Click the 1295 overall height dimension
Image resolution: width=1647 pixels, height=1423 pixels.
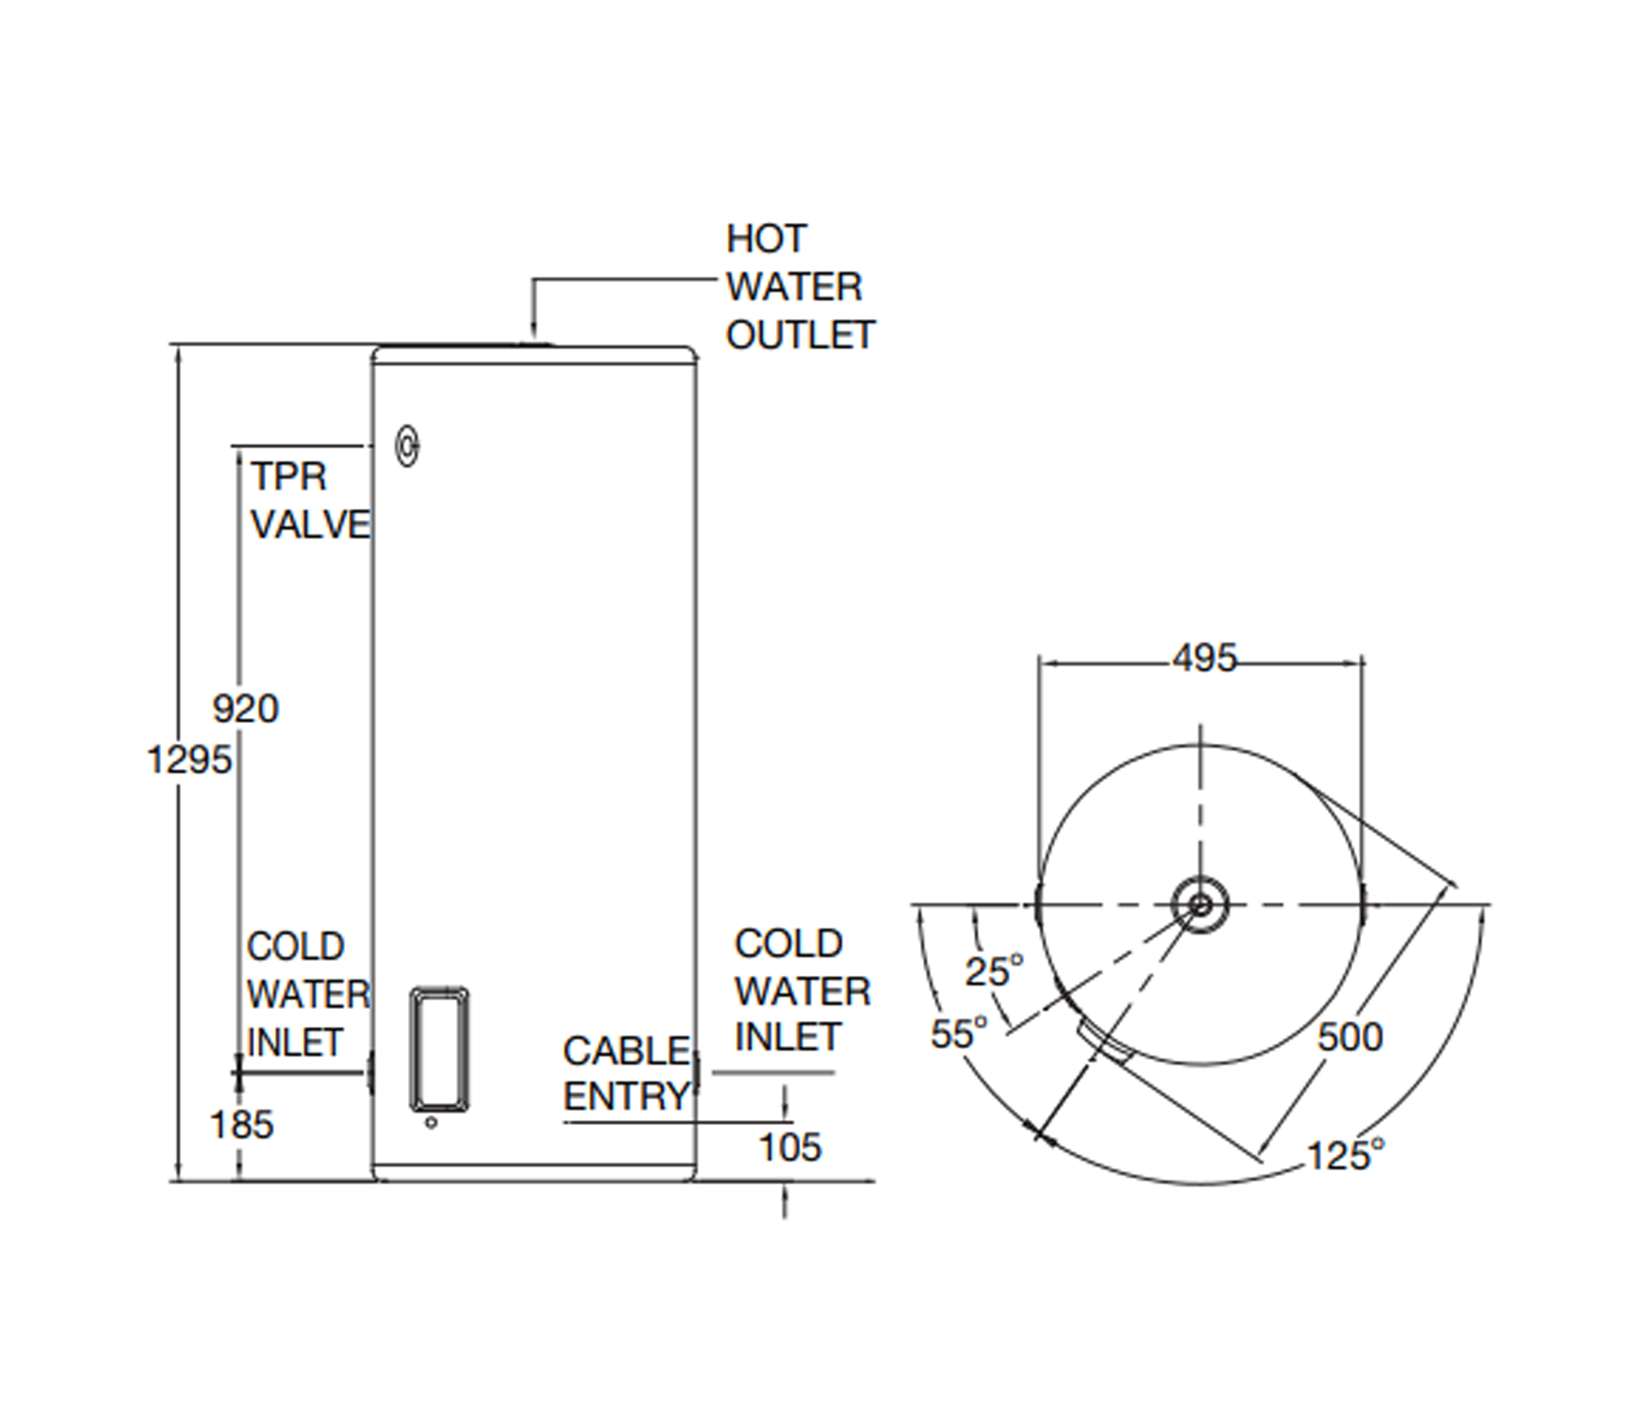(189, 759)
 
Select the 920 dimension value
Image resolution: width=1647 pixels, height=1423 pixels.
(245, 709)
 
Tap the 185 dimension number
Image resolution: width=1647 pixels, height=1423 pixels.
(242, 1125)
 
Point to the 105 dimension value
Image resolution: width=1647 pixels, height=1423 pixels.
(790, 1147)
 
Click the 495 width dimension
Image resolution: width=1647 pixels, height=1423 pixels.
(1204, 658)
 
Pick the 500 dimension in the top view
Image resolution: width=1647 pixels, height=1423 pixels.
(1349, 1036)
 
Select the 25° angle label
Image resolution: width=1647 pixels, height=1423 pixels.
(994, 971)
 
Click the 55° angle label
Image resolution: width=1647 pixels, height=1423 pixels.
(959, 1034)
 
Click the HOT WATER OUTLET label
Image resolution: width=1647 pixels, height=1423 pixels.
(799, 287)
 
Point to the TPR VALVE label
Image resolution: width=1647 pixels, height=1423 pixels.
(309, 500)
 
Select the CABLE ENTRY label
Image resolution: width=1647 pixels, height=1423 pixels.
(626, 1073)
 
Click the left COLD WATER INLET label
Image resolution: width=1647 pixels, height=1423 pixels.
(307, 994)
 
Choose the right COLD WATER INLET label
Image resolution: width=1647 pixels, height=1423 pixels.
(802, 991)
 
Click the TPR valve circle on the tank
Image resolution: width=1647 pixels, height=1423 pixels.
(407, 446)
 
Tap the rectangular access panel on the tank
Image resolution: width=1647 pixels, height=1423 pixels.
(440, 1049)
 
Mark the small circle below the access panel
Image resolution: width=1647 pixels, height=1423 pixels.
(431, 1123)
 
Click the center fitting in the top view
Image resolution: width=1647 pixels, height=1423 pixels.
(1200, 905)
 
